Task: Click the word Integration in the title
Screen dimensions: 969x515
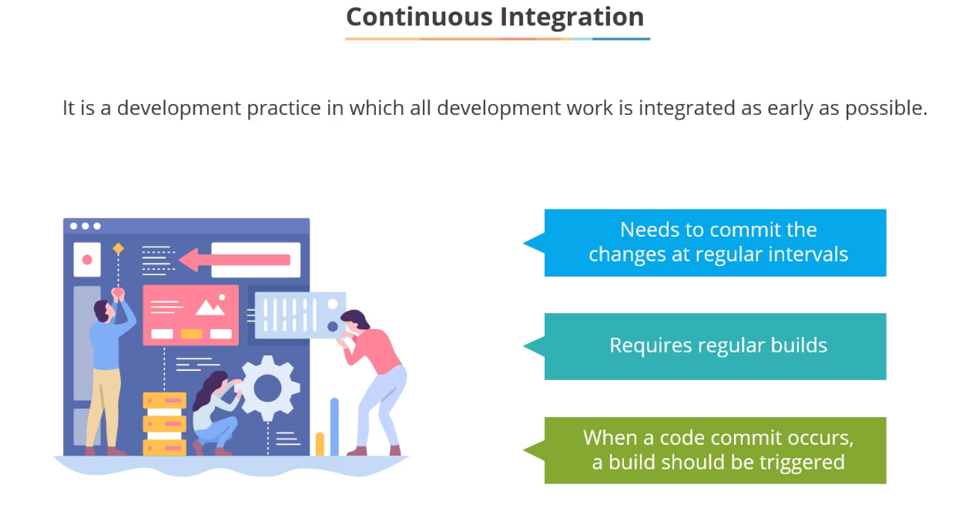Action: click(x=572, y=18)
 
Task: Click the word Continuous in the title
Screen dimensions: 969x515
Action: click(x=419, y=17)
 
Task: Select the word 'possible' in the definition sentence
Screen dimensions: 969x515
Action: click(x=886, y=108)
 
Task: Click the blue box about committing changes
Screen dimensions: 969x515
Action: click(x=715, y=243)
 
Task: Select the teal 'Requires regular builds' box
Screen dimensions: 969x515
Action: click(x=715, y=346)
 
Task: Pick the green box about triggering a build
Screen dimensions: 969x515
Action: click(x=715, y=450)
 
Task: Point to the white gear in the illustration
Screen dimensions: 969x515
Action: click(x=268, y=388)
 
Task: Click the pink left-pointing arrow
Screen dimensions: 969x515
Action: click(x=234, y=260)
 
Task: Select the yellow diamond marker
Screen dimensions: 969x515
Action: click(x=118, y=248)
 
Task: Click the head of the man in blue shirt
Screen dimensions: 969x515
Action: click(x=103, y=311)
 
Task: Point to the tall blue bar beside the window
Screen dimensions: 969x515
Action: click(x=334, y=426)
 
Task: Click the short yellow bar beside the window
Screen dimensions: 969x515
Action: click(x=320, y=444)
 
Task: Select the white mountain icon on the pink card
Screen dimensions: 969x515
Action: click(x=211, y=308)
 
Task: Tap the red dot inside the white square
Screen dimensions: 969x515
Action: click(x=87, y=260)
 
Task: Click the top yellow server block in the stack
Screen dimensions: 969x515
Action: click(x=164, y=401)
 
